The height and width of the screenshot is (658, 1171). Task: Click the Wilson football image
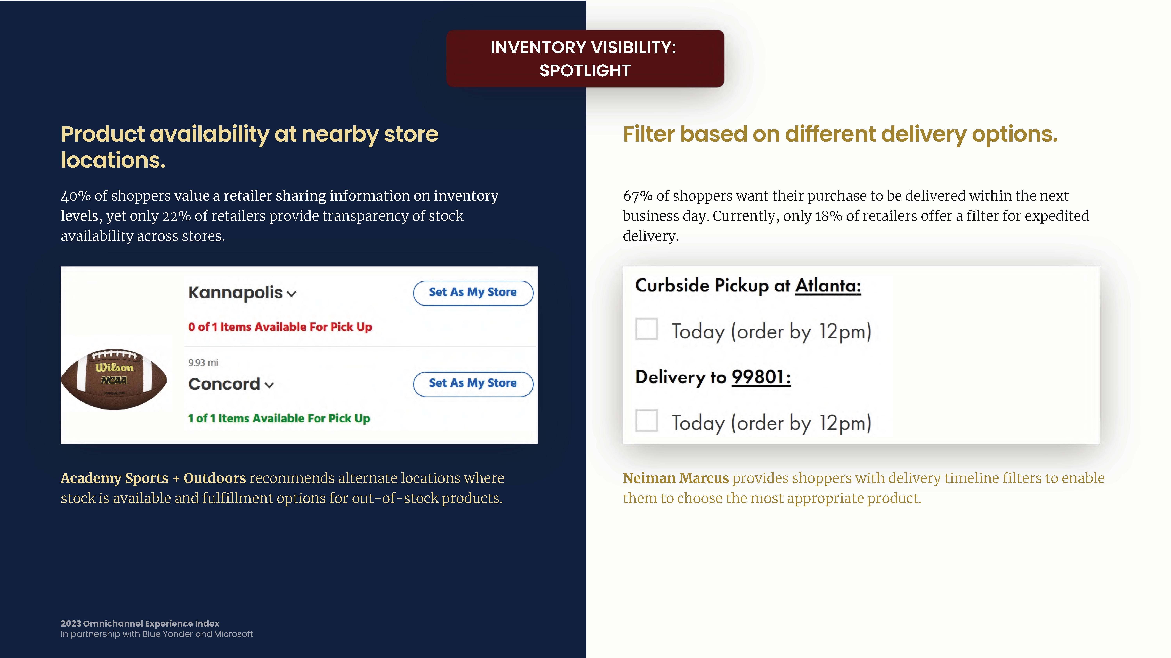pyautogui.click(x=114, y=379)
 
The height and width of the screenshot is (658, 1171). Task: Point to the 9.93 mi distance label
pyautogui.click(x=203, y=362)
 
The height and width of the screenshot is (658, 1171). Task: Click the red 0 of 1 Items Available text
pyautogui.click(x=280, y=327)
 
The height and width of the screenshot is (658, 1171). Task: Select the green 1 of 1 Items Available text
pyautogui.click(x=279, y=418)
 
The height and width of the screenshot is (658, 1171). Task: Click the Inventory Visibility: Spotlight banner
pyautogui.click(x=585, y=58)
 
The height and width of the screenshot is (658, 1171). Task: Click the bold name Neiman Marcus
pyautogui.click(x=675, y=478)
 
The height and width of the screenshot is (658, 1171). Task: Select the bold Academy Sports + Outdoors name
pyautogui.click(x=153, y=478)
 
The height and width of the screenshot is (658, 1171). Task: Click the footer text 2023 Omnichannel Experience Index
pyautogui.click(x=140, y=623)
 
